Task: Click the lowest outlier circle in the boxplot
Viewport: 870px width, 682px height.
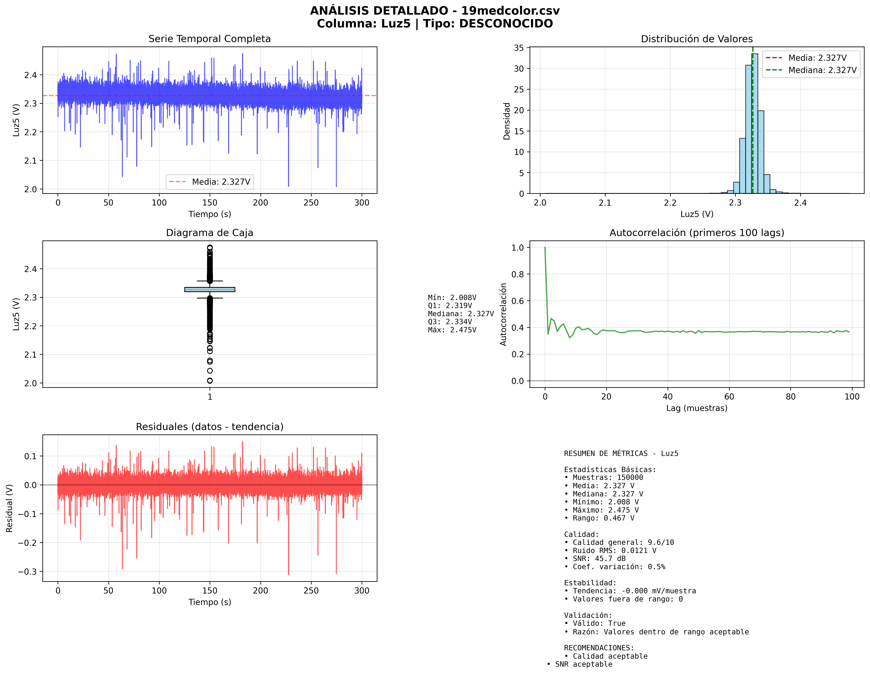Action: point(210,381)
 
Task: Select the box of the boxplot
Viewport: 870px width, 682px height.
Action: point(210,290)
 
